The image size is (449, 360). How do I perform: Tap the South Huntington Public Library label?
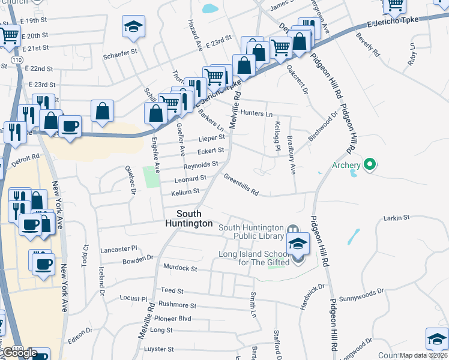250,231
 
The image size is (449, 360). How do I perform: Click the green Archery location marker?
370,164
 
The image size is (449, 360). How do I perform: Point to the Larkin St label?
396,217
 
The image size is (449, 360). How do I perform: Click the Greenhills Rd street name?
241,185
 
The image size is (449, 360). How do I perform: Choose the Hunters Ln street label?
256,113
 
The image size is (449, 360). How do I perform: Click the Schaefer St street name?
120,52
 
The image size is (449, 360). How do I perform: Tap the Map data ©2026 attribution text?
423,355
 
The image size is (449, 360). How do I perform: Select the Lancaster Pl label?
119,248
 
